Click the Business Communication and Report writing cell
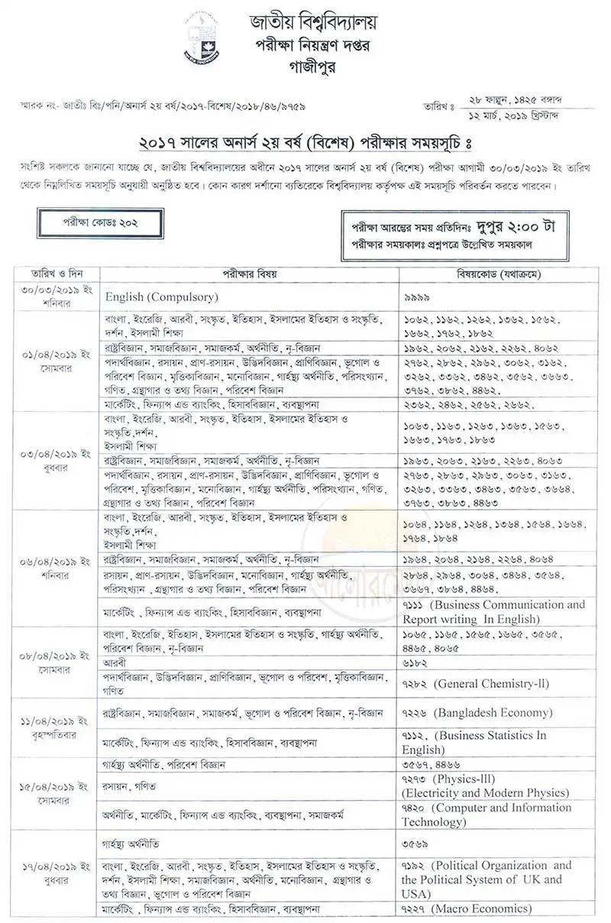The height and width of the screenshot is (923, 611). coord(493,611)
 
